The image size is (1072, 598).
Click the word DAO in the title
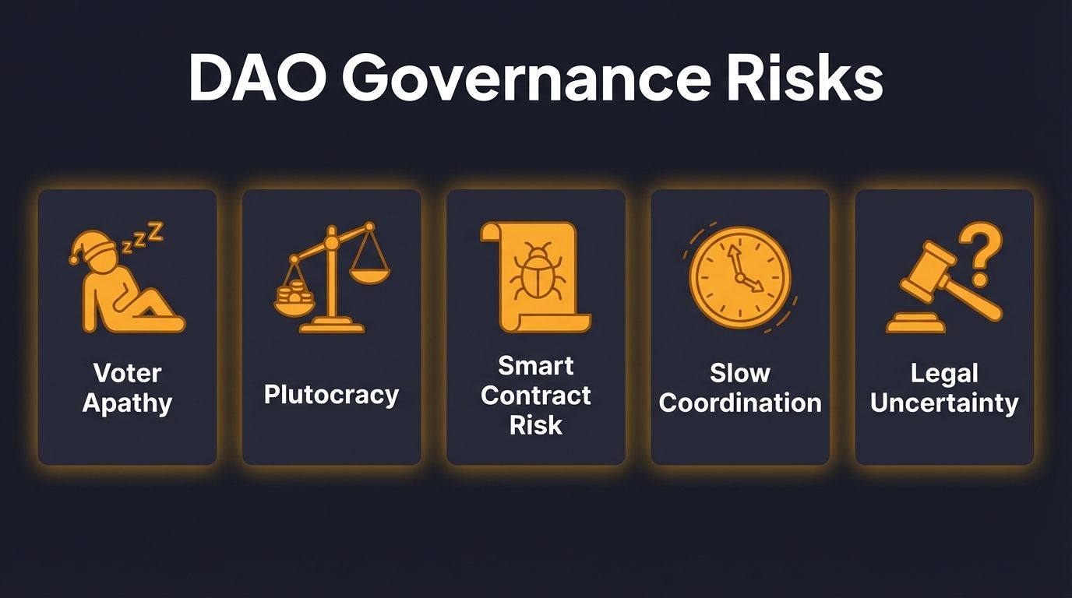click(256, 78)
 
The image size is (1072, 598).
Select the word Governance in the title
click(524, 78)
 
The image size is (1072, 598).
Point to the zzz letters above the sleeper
click(146, 235)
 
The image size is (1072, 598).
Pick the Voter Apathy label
click(127, 388)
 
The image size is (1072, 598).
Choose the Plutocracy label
click(331, 395)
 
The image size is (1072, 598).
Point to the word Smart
click(535, 365)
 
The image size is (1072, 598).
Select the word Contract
click(535, 395)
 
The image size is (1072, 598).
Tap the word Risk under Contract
click(535, 424)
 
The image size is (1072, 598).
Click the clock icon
click(739, 277)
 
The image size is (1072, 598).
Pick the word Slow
click(739, 373)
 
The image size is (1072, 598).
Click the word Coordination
click(739, 403)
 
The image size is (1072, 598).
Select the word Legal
click(944, 373)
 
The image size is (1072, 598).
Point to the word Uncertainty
click(944, 403)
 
